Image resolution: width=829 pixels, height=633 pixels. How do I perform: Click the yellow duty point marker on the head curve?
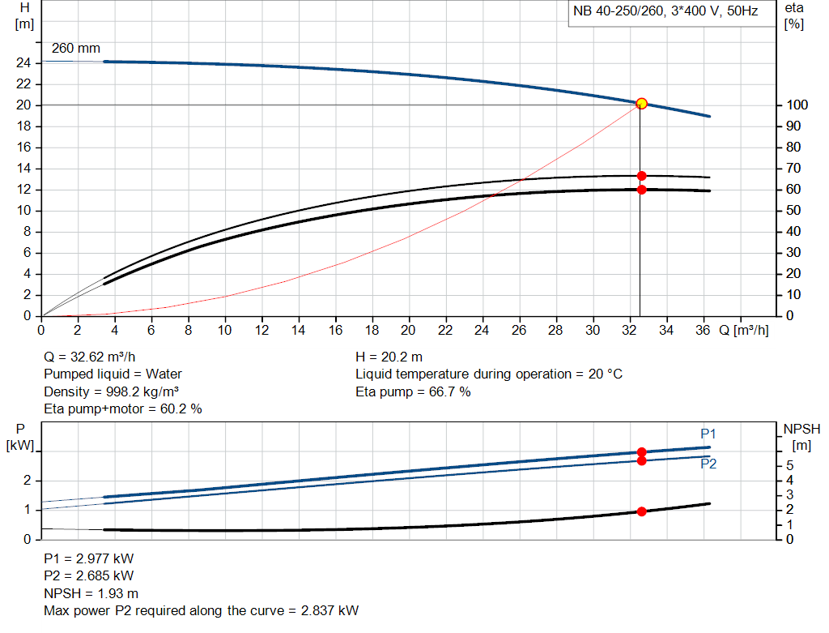(642, 104)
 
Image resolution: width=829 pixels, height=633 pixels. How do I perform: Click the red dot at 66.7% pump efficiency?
(642, 176)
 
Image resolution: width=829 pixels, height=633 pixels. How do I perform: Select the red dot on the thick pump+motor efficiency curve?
(642, 190)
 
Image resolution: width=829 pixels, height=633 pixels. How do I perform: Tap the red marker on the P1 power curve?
(642, 452)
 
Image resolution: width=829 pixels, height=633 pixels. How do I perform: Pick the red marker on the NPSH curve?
(642, 511)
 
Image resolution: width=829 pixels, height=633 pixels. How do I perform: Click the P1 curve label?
(708, 434)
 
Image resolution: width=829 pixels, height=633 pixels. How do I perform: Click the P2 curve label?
(708, 464)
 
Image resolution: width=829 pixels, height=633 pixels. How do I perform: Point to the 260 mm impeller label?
(76, 49)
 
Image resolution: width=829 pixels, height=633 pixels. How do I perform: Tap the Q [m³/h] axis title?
(743, 331)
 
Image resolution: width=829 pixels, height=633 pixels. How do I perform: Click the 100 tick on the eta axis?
(796, 105)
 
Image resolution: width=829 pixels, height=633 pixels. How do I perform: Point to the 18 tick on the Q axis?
(372, 331)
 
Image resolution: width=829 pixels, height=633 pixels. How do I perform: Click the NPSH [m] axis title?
(801, 435)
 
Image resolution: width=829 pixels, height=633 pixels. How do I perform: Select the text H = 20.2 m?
(389, 357)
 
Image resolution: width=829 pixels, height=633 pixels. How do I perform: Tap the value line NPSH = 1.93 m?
(91, 593)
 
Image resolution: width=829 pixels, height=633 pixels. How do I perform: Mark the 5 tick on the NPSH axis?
(790, 466)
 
